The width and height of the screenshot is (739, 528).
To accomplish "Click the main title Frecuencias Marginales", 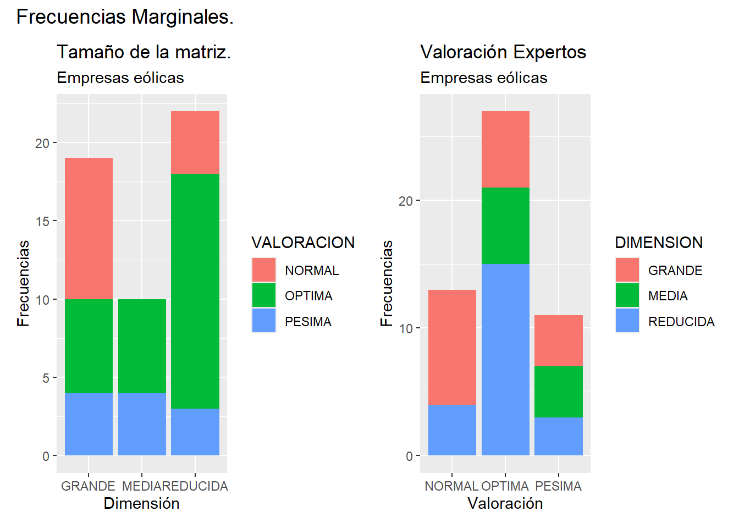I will coord(125,17).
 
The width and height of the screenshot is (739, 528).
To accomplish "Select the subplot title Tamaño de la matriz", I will coord(144,52).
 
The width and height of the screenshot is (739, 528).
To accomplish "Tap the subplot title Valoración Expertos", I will coord(503,52).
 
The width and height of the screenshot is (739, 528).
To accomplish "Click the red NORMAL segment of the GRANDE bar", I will coord(89,228).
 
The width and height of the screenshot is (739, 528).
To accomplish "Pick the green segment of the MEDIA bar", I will coord(142,346).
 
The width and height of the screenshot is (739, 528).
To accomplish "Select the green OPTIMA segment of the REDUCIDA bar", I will coord(195,291).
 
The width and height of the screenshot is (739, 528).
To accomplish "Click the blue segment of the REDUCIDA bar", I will coord(195,432).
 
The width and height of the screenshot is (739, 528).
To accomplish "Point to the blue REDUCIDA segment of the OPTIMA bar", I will coord(505,359).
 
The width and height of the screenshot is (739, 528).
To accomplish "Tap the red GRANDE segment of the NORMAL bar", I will coord(452,347).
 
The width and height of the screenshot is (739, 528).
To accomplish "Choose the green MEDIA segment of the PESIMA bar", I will coord(559,392).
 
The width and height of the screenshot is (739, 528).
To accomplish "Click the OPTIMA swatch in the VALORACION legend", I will coord(264,295).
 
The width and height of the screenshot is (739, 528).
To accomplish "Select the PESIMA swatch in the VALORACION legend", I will coord(264,321).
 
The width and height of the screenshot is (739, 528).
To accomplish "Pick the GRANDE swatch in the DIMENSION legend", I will coord(627,270).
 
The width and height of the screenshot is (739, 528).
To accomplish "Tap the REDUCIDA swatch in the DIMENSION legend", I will coord(627,321).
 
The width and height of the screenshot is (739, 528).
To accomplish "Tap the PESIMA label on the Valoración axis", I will coord(558,486).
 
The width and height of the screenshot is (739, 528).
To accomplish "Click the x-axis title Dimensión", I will coord(141,503).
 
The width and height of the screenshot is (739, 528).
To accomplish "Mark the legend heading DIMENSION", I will coord(658,243).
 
